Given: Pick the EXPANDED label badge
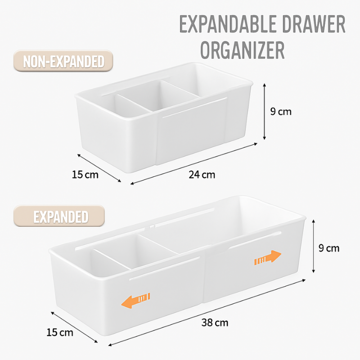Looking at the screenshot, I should [x=60, y=217].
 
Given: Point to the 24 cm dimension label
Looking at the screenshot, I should [x=202, y=175].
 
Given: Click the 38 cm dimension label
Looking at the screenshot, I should [x=215, y=322].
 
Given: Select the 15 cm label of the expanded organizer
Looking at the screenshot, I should [x=59, y=333].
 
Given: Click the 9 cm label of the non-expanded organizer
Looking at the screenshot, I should [x=281, y=111].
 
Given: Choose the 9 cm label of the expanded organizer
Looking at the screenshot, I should [x=328, y=247].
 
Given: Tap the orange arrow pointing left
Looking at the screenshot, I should [x=136, y=300].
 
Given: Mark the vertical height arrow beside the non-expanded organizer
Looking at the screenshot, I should [x=265, y=111].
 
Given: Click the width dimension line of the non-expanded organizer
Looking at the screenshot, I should [x=99, y=168].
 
